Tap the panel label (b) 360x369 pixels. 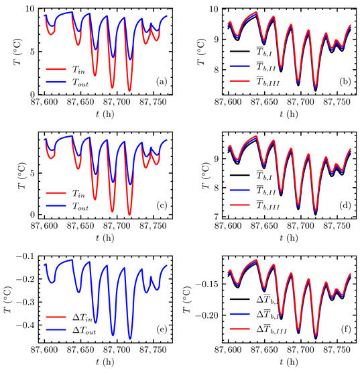click(345, 82)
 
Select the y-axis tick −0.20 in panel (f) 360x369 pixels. click(208, 315)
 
